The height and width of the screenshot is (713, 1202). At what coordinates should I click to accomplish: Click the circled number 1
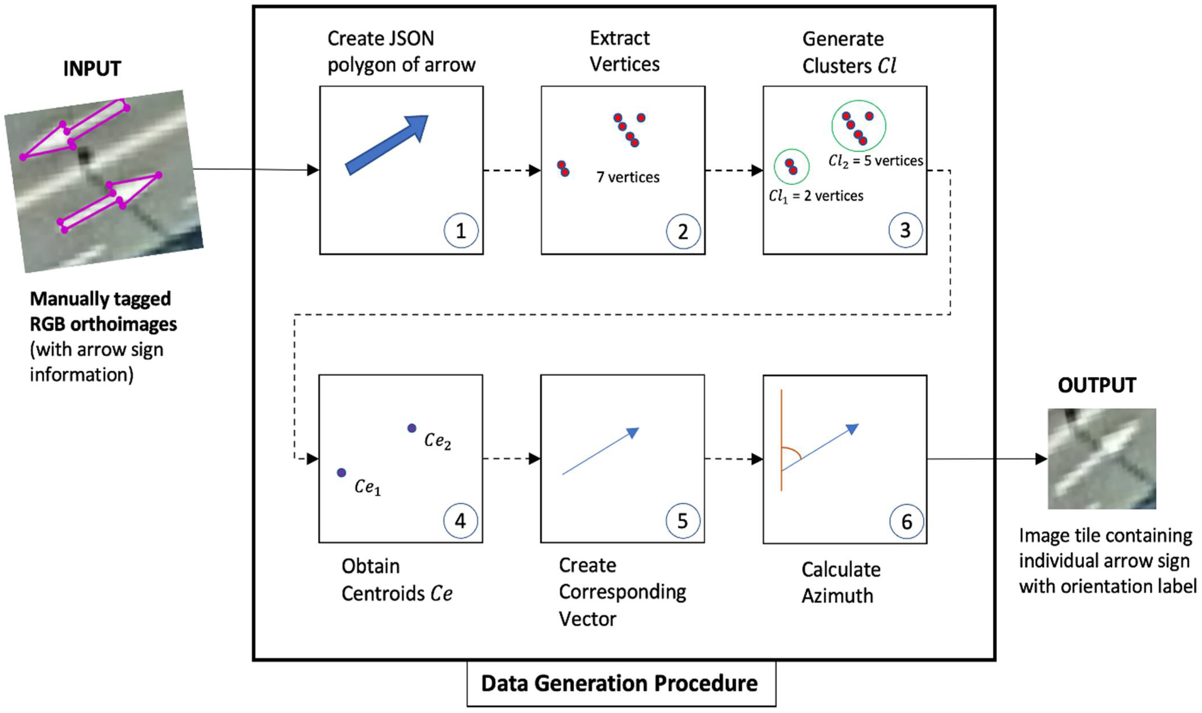(x=461, y=231)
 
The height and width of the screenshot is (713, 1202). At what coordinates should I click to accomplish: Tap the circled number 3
(x=905, y=230)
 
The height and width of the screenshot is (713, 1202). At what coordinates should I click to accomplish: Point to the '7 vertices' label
(x=628, y=177)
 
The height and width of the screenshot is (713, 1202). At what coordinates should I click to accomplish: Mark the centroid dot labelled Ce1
(x=341, y=473)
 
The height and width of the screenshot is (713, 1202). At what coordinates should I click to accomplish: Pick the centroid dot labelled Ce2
(x=411, y=428)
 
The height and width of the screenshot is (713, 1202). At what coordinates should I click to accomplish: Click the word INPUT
(x=92, y=69)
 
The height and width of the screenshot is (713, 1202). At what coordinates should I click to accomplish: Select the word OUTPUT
(x=1096, y=385)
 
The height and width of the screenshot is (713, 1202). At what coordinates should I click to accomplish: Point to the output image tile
(x=1101, y=459)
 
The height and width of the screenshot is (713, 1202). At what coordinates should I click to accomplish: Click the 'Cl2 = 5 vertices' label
(x=875, y=161)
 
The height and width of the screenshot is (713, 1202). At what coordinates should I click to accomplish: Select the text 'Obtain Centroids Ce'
(x=396, y=580)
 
